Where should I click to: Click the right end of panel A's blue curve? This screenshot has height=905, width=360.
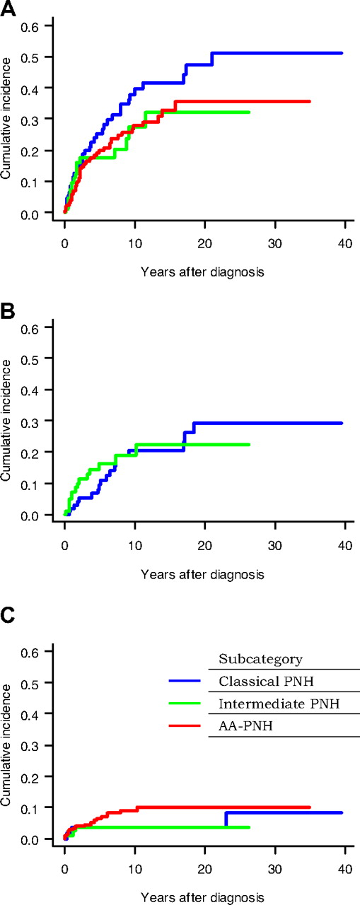tap(342, 53)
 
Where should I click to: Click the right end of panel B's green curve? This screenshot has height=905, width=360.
tap(249, 445)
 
